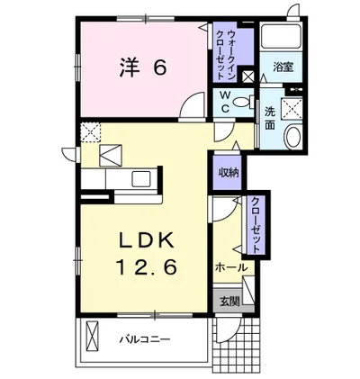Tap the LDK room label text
147,240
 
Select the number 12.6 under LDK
146,266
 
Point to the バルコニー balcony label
145,339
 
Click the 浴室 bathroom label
283,67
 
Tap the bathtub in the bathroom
281,35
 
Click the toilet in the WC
244,102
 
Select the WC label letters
225,102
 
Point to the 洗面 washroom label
270,119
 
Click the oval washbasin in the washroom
292,137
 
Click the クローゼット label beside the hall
256,225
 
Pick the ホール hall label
231,266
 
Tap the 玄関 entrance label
229,301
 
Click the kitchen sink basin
141,179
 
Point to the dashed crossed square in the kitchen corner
91,132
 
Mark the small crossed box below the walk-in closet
248,77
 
